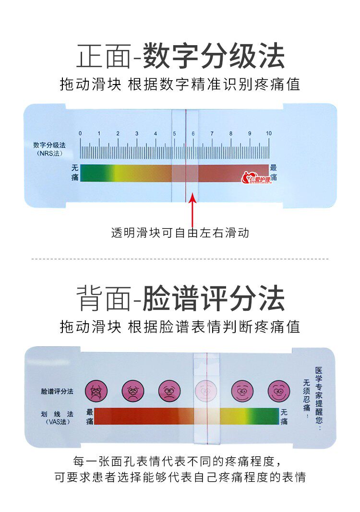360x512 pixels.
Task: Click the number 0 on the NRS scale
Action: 80,133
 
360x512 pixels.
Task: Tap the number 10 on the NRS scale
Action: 269,133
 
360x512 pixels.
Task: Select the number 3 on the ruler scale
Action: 137,133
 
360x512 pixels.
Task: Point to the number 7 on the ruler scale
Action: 212,133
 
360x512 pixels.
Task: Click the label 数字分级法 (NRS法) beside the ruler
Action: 49,149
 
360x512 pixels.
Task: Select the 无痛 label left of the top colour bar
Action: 75,173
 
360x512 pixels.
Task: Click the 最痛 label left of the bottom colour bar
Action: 90,416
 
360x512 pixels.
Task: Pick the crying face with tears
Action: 96,391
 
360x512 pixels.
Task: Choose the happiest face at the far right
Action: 279,391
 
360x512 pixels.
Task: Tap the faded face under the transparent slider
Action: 205,391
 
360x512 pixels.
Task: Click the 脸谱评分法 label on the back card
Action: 57,391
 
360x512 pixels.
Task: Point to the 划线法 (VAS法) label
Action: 57,418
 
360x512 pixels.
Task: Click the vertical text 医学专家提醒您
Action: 319,399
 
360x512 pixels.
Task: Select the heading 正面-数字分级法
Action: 180,56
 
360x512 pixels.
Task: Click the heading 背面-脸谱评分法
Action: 180,297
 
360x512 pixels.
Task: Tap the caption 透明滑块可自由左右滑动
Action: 180,233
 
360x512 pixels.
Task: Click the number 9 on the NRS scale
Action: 250,133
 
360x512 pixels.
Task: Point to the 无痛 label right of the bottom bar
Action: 284,416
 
